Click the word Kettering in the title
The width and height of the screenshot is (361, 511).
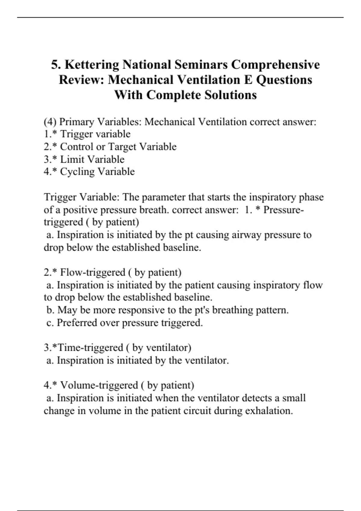[92, 65]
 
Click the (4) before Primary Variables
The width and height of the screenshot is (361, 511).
[50, 122]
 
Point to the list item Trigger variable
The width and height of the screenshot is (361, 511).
[95, 134]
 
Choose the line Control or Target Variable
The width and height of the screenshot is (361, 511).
[118, 147]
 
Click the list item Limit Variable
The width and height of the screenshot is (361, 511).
[92, 159]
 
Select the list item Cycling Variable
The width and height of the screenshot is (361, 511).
[97, 172]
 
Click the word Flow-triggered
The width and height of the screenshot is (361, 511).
[92, 272]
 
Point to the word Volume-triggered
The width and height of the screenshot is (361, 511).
[99, 385]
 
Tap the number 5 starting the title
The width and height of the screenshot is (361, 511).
[54, 65]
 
